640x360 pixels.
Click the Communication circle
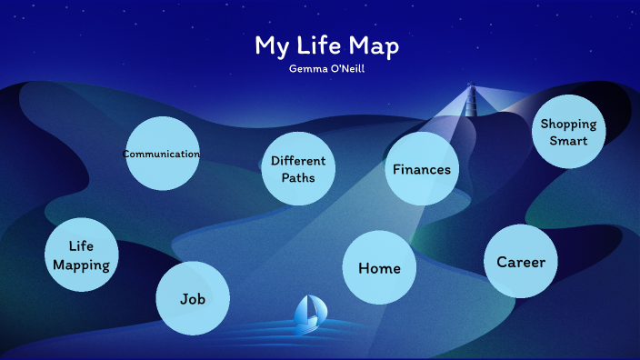pyautogui.click(x=161, y=154)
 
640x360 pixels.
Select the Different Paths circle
pyautogui.click(x=298, y=168)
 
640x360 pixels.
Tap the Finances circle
pyautogui.click(x=421, y=168)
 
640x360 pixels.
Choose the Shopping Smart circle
pyautogui.click(x=568, y=132)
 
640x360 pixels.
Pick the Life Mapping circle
pyautogui.click(x=82, y=255)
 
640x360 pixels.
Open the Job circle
pyautogui.click(x=192, y=298)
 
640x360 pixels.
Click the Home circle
pyautogui.click(x=379, y=267)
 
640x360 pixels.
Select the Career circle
pyautogui.click(x=520, y=262)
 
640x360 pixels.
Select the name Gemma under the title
pyautogui.click(x=305, y=69)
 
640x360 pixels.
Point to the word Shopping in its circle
pyautogui.click(x=568, y=125)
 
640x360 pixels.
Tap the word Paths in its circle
pyautogui.click(x=298, y=177)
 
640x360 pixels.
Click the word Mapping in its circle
pyautogui.click(x=82, y=265)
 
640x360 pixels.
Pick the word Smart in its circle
pyautogui.click(x=568, y=141)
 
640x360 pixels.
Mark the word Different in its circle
pyautogui.click(x=298, y=161)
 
